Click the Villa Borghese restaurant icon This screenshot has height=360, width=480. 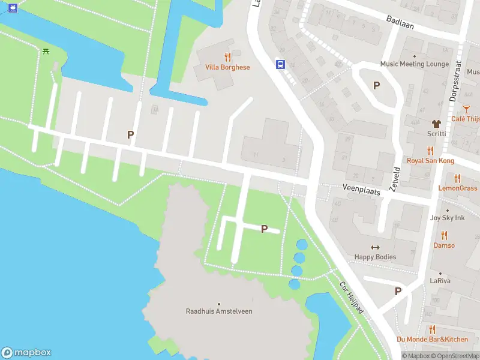click(x=227, y=58)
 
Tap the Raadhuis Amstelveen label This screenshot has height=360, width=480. click(x=219, y=311)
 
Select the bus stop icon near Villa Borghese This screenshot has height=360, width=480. click(x=280, y=64)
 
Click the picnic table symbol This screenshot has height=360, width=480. click(x=46, y=51)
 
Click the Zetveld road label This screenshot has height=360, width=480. click(x=394, y=179)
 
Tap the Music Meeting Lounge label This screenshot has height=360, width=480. click(x=414, y=64)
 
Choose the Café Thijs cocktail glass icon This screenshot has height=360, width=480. click(x=467, y=109)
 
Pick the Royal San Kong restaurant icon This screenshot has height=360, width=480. click(x=430, y=151)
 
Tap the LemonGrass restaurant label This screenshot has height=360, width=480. click(x=458, y=188)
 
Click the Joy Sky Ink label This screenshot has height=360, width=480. click(x=447, y=218)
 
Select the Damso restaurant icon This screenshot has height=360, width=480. click(x=444, y=235)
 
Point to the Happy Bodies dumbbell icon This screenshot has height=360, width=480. click(x=376, y=247)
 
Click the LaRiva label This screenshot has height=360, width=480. click(x=440, y=281)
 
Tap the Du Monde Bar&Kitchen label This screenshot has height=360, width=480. click(x=432, y=339)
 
